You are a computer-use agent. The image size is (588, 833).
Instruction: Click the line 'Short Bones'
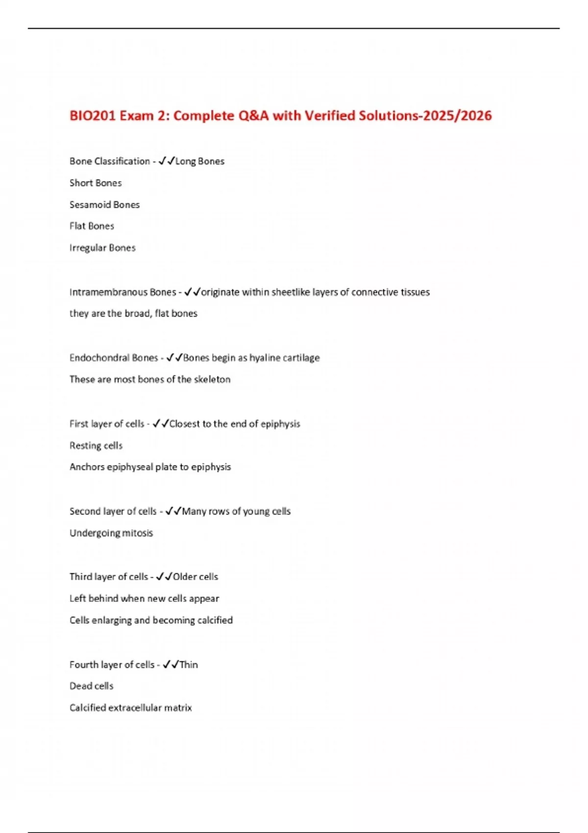pos(96,183)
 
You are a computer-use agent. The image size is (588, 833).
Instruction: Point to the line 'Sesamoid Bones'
pos(104,204)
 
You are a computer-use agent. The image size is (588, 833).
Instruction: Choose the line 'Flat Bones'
pos(92,226)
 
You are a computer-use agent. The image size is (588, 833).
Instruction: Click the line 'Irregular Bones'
pos(102,247)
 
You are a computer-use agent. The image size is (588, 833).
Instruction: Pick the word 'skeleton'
pos(212,379)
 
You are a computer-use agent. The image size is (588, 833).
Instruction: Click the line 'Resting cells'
pos(96,445)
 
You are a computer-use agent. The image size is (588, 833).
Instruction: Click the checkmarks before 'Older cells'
pos(164,577)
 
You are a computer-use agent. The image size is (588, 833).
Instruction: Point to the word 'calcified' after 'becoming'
pos(215,620)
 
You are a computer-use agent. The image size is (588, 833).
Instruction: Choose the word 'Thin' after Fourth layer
pos(189,664)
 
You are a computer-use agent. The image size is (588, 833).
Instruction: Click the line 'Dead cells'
pos(91,686)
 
